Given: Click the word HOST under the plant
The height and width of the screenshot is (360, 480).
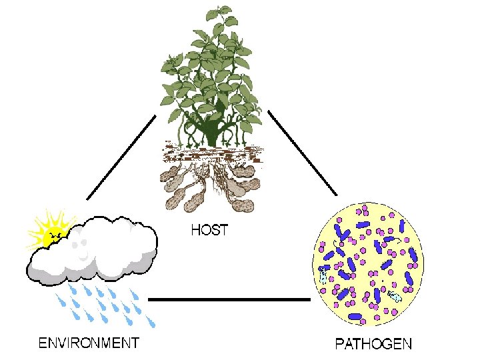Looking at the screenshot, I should tap(209, 231).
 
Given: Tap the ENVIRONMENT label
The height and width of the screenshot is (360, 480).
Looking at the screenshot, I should tap(89, 343).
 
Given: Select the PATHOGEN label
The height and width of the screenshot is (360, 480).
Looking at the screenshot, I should tap(373, 345).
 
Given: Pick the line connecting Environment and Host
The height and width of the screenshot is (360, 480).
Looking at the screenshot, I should tap(121, 157).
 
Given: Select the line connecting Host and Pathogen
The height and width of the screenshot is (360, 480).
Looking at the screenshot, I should tap(302, 153).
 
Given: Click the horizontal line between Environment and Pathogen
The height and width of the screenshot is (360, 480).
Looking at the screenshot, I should tap(229, 300).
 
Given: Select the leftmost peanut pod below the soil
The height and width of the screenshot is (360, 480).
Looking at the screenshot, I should tap(169, 177).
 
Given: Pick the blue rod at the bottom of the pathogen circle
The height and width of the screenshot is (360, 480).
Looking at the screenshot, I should tap(355, 316).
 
